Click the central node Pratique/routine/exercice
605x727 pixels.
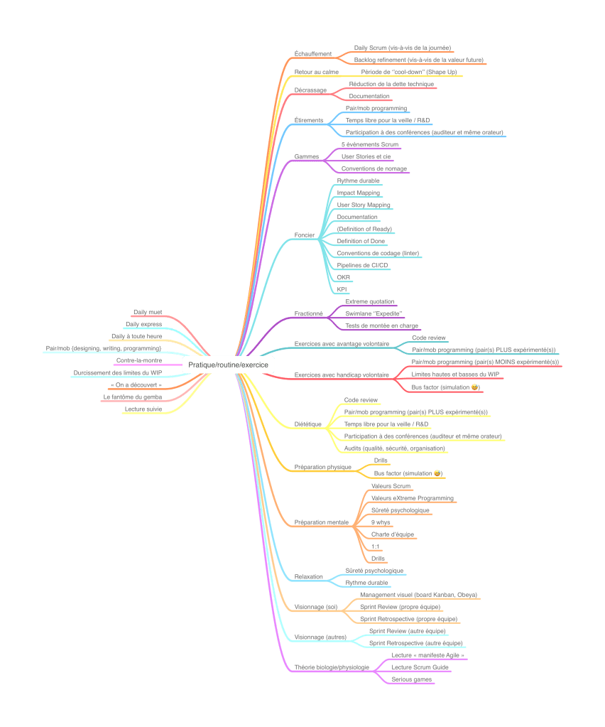point(228,365)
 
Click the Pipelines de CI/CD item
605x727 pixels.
point(362,264)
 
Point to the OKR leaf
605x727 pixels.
point(343,277)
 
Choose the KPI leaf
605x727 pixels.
point(342,289)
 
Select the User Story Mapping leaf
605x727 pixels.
point(364,205)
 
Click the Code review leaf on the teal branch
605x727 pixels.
point(429,338)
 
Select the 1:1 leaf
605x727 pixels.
point(376,546)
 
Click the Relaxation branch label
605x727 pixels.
point(309,577)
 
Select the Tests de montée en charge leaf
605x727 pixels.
point(381,325)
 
